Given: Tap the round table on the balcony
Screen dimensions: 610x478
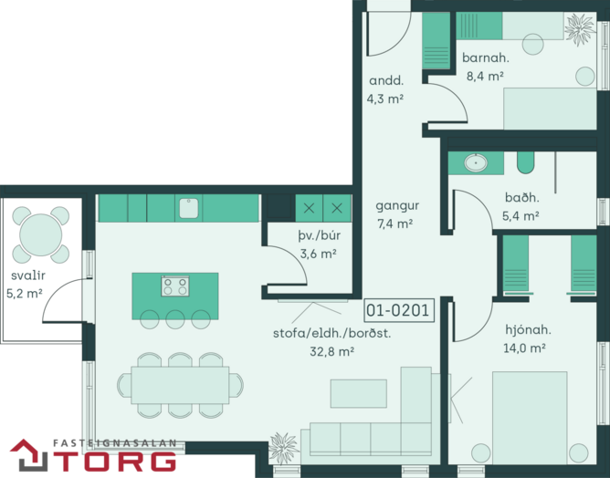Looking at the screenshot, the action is pyautogui.click(x=40, y=234).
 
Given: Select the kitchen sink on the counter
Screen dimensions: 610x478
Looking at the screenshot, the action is pyautogui.click(x=189, y=208).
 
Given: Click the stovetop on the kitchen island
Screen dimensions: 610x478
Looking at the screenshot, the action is pyautogui.click(x=175, y=286).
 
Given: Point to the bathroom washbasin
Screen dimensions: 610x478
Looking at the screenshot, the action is pyautogui.click(x=476, y=163).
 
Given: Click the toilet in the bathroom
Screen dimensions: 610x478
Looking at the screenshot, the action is pyautogui.click(x=525, y=162).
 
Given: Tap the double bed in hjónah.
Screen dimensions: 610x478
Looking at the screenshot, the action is pyautogui.click(x=530, y=418).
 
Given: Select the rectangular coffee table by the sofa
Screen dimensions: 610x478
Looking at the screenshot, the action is pyautogui.click(x=358, y=393).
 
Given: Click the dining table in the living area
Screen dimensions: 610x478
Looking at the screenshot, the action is pyautogui.click(x=180, y=385).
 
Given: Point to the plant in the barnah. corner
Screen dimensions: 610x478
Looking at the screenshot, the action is pyautogui.click(x=580, y=28).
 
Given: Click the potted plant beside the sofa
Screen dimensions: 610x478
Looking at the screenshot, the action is pyautogui.click(x=284, y=448).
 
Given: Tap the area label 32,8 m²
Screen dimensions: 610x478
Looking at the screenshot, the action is pyautogui.click(x=331, y=352).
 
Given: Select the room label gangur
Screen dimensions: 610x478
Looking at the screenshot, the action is pyautogui.click(x=397, y=206).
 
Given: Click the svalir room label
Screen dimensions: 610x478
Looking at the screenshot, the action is pyautogui.click(x=28, y=275).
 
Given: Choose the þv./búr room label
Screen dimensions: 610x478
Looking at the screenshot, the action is pyautogui.click(x=319, y=235).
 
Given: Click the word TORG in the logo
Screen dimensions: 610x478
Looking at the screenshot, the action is pyautogui.click(x=114, y=462).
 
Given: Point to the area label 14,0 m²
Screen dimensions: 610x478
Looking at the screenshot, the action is pyautogui.click(x=524, y=348).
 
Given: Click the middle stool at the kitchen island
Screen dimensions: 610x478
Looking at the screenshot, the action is pyautogui.click(x=175, y=319).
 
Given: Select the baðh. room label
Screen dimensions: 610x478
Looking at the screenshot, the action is pyautogui.click(x=522, y=197).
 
